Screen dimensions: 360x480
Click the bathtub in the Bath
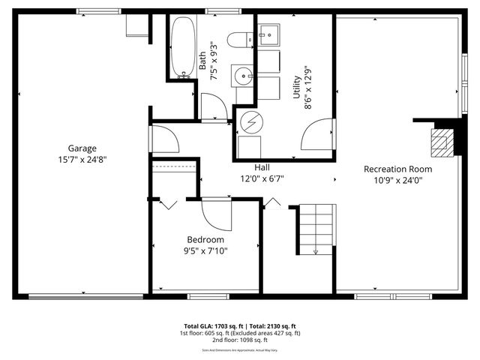point(183,47)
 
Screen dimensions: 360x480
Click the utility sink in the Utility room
point(268,34)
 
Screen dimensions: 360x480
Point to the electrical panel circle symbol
point(251,121)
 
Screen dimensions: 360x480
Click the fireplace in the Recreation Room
point(442,140)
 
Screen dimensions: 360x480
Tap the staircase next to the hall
point(313,229)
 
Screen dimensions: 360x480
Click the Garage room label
point(82,148)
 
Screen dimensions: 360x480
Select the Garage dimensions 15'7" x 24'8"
point(82,159)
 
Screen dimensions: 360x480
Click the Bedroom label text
point(205,239)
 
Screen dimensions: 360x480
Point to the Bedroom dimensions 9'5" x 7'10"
point(205,250)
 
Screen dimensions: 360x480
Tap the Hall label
point(262,168)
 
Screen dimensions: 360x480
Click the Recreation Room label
point(398,169)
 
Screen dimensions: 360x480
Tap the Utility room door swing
point(316,135)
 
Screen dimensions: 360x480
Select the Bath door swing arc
point(214,107)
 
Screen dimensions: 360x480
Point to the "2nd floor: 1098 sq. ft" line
point(240,340)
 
